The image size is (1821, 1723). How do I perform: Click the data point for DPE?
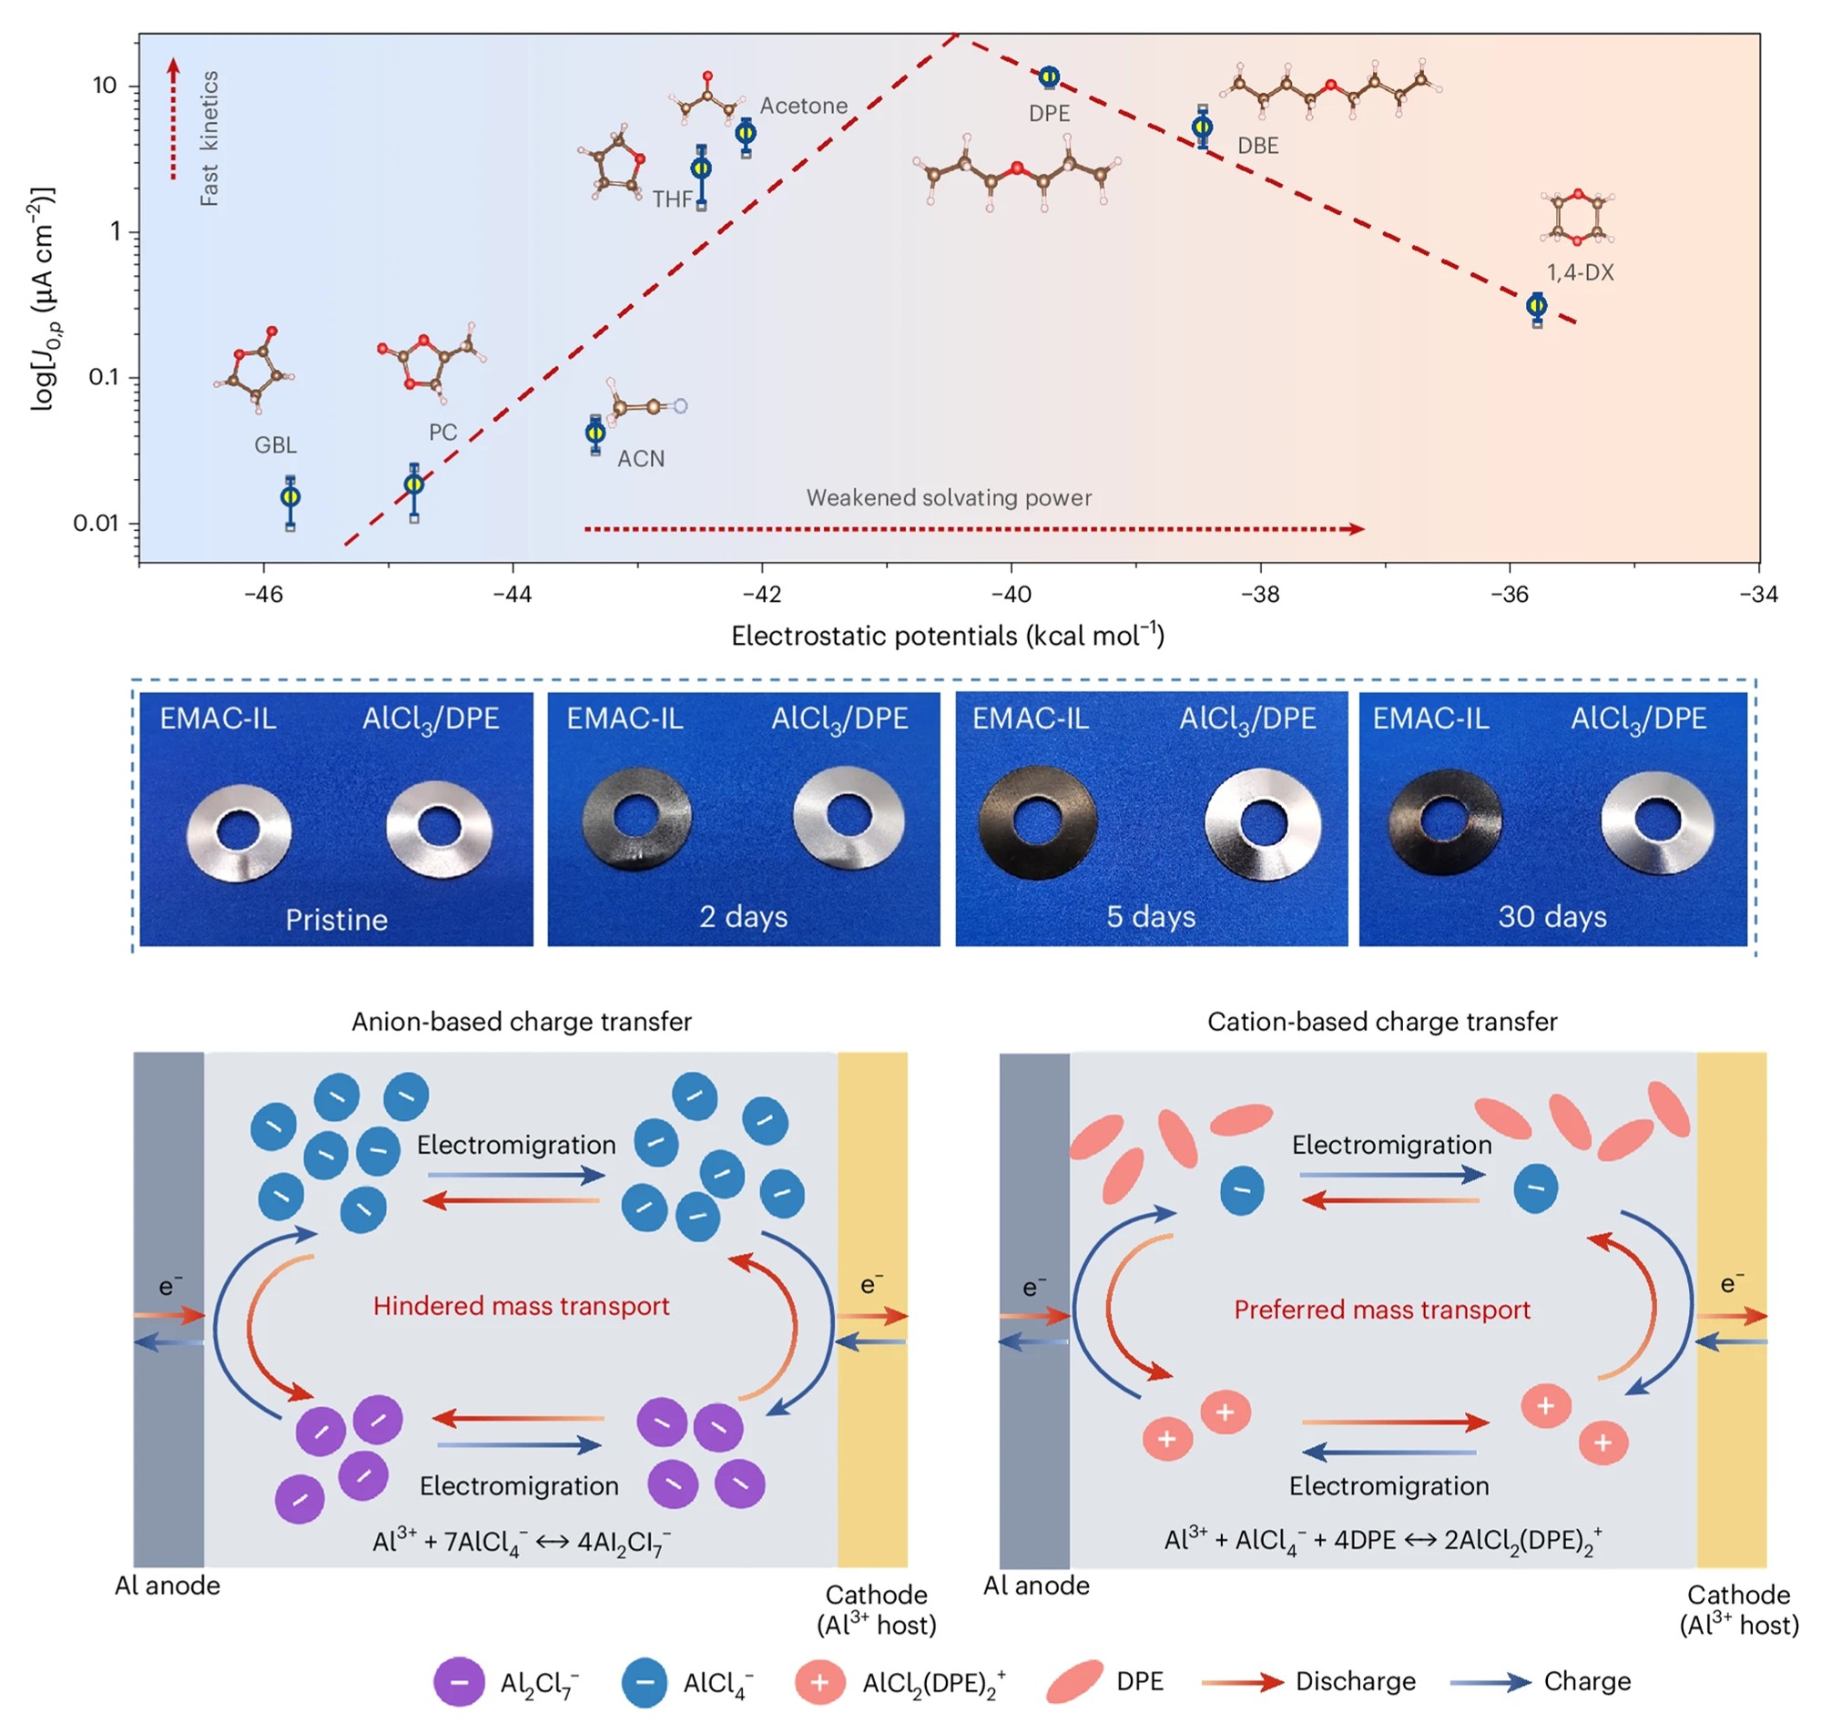1049,77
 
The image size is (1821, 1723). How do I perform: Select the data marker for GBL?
290,497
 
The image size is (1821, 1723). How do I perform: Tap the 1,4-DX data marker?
1536,306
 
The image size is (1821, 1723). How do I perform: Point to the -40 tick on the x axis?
1011,595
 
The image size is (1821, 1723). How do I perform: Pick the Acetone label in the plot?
804,107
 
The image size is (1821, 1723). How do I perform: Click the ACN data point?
595,433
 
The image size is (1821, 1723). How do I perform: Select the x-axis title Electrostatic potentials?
947,636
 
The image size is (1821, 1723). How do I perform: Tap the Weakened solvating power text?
949,498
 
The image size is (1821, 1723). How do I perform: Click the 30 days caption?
1551,917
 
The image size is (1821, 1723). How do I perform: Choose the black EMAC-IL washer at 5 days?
1037,823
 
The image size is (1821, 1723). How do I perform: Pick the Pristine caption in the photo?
336,920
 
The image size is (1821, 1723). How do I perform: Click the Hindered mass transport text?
521,1306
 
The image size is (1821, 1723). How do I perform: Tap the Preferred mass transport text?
1381,1310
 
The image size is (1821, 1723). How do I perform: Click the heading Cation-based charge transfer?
1381,1021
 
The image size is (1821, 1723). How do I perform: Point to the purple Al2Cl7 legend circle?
459,1683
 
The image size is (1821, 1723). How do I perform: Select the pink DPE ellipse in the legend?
1074,1682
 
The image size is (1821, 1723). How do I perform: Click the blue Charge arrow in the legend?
1490,1683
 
